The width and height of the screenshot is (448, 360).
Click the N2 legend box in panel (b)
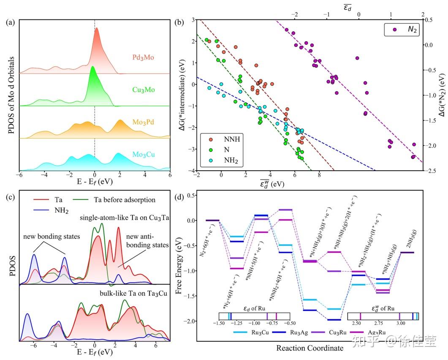(402, 30)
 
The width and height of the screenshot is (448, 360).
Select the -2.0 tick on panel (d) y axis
(191, 321)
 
